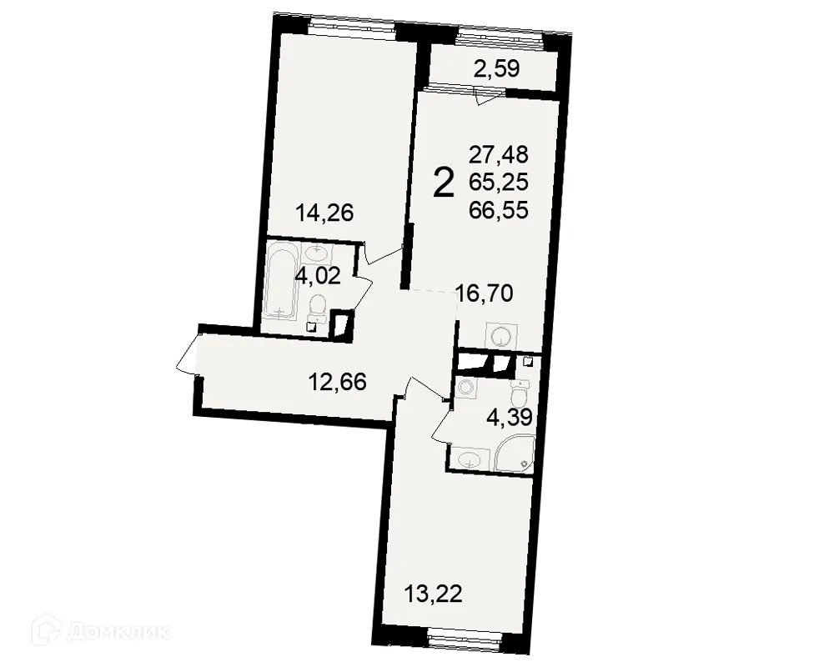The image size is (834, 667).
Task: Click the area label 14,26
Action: [325, 213]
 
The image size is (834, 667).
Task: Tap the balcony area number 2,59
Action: [497, 69]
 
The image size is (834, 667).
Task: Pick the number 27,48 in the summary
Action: [499, 154]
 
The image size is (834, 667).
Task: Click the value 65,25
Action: [499, 183]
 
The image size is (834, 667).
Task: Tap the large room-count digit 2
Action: [445, 183]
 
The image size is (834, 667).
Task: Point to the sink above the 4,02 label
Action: [316, 251]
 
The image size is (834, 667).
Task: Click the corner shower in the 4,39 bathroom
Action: [512, 452]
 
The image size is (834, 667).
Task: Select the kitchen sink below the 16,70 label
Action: [500, 336]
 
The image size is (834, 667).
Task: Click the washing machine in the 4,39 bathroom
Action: [465, 387]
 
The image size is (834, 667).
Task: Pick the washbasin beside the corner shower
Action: [469, 457]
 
